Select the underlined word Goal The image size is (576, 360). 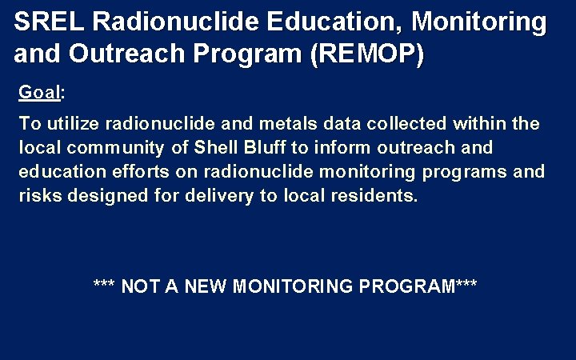40,93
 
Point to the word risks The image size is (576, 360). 40,196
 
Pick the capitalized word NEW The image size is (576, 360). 205,286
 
